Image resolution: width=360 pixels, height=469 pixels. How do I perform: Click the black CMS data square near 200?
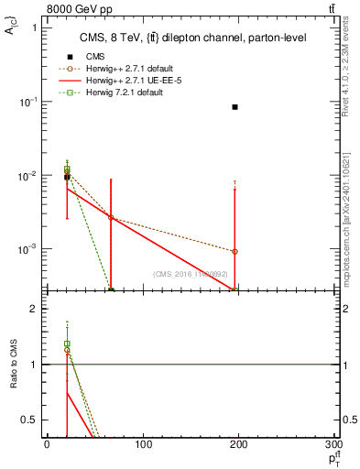(x=235, y=107)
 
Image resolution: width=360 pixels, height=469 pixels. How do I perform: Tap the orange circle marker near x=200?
(x=235, y=251)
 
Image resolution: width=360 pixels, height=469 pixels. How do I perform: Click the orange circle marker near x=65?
(x=111, y=217)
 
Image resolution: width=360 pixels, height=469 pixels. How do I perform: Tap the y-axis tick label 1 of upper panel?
(x=34, y=27)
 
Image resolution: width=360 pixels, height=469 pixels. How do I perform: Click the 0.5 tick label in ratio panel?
(x=29, y=420)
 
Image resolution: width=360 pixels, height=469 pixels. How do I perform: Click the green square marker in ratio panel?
(x=67, y=344)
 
